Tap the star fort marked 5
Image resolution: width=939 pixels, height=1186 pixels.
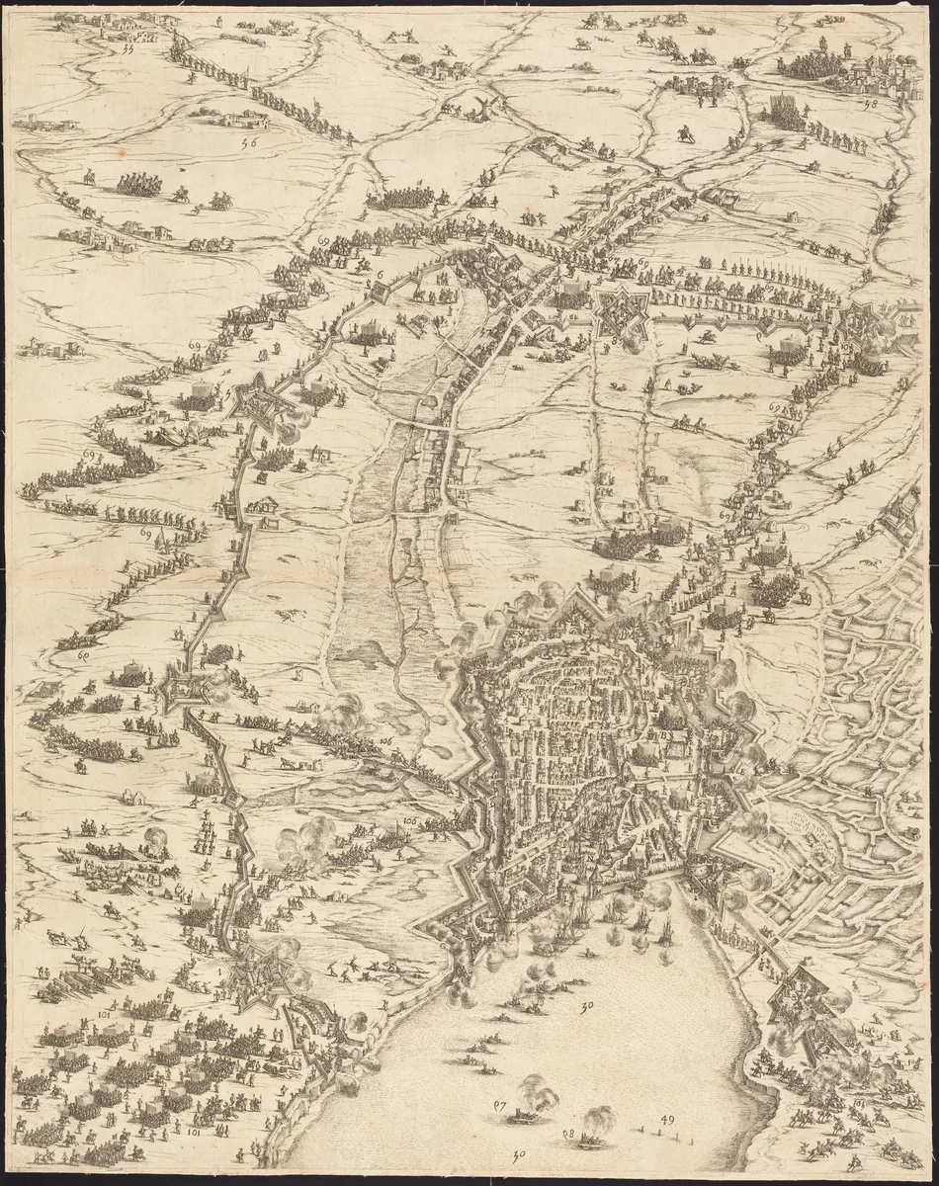pos(260,403)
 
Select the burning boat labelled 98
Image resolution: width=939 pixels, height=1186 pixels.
pos(590,1140)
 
